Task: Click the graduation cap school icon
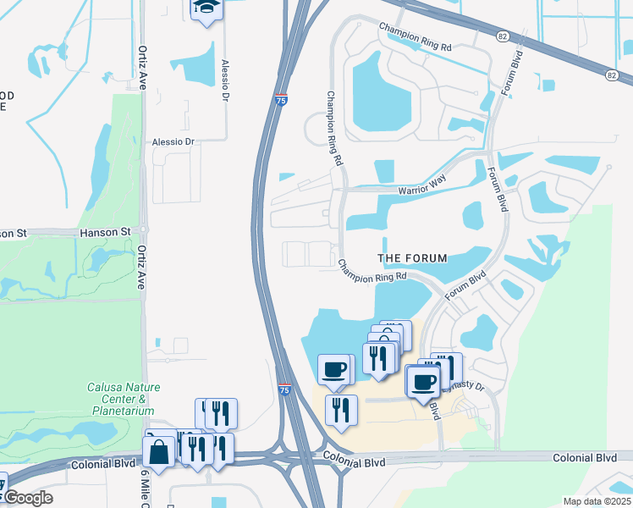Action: (x=205, y=9)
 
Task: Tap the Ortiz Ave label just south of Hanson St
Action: (x=141, y=268)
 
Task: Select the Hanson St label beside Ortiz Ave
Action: (x=105, y=231)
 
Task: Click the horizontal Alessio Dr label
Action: (x=173, y=142)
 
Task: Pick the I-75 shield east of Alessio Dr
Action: (x=280, y=99)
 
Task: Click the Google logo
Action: (x=27, y=498)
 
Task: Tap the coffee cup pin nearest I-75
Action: (x=333, y=370)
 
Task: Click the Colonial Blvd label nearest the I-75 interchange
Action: (x=354, y=462)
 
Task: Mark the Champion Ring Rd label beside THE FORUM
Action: (x=372, y=271)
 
